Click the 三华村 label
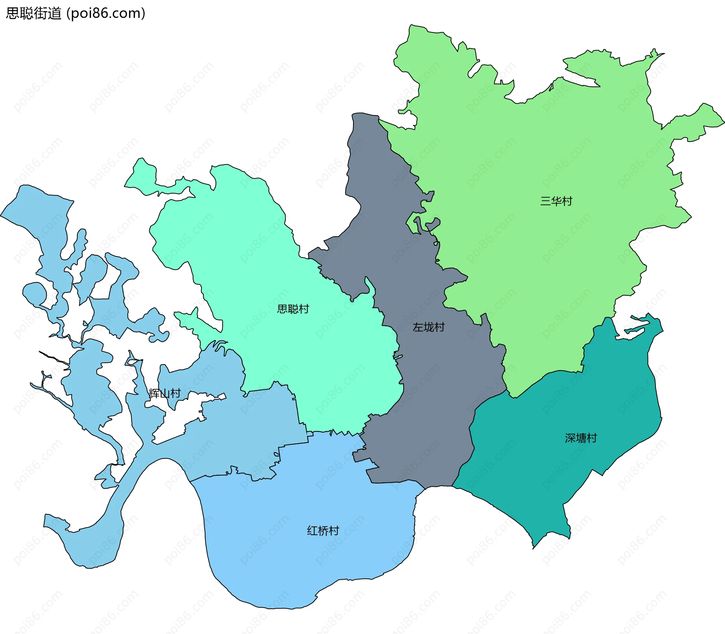[x=556, y=201]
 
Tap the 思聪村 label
[x=293, y=309]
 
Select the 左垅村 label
[x=429, y=327]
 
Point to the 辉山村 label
[x=165, y=394]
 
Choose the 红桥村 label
[x=323, y=531]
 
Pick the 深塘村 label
[x=581, y=438]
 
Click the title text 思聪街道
[x=34, y=14]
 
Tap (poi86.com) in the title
[x=106, y=14]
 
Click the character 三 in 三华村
[x=545, y=201]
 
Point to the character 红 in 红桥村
[x=312, y=531]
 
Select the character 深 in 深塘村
[x=570, y=438]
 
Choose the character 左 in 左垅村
[x=418, y=327]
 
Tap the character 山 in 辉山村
[x=165, y=394]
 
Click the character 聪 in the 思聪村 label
[x=293, y=309]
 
